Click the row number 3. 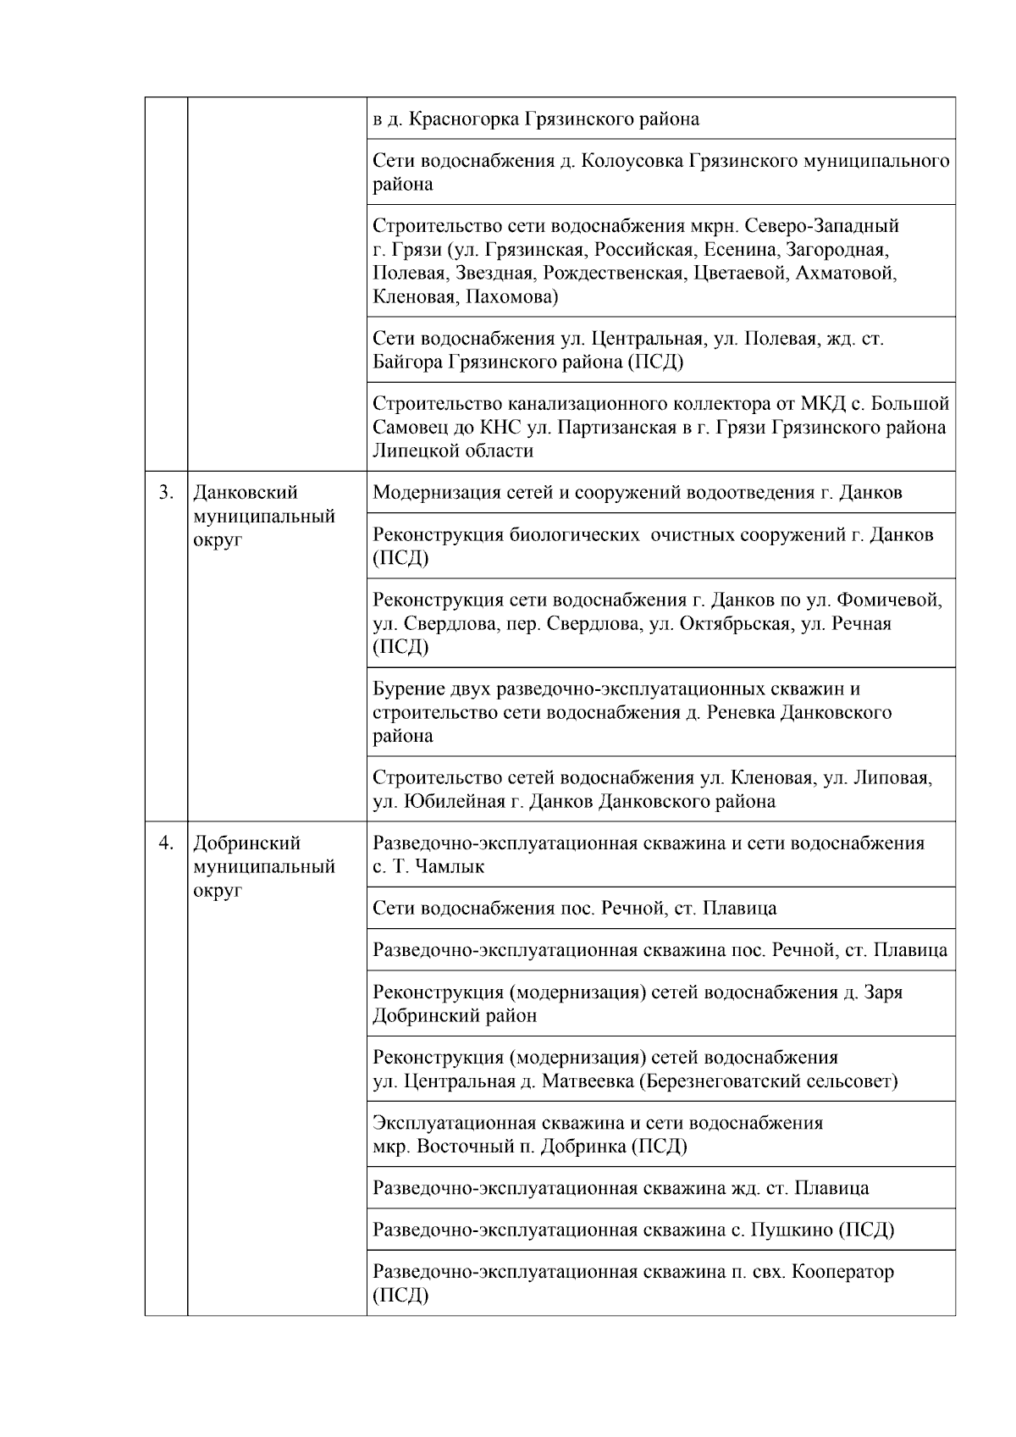tap(166, 493)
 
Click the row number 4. tap(166, 843)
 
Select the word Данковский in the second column tap(245, 493)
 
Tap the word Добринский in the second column tap(246, 843)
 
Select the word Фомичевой tap(889, 600)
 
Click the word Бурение tap(406, 689)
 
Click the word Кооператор tap(842, 1272)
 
